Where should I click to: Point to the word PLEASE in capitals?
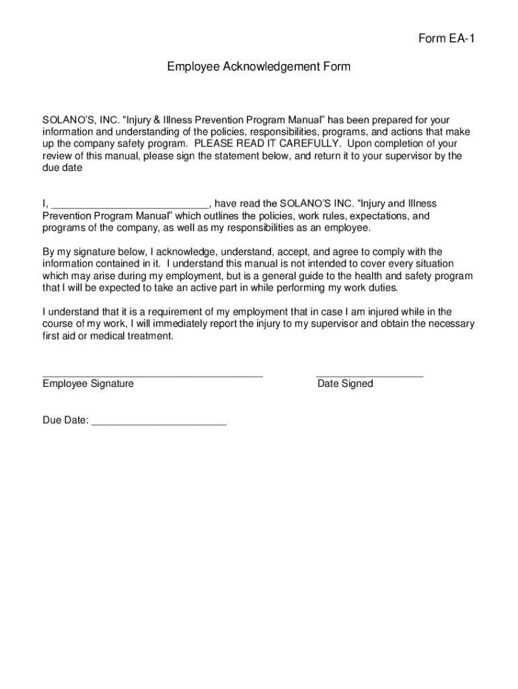(x=217, y=144)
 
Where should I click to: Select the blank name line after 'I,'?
(x=131, y=205)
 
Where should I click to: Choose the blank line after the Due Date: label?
(x=159, y=422)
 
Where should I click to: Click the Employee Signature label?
(x=88, y=384)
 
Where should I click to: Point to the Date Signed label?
(x=345, y=384)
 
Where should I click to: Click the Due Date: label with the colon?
(x=65, y=421)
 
